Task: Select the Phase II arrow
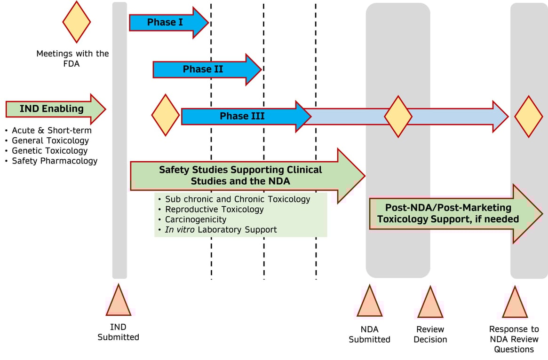(203, 69)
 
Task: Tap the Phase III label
(242, 116)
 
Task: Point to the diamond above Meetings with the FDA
(77, 22)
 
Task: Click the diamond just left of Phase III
(165, 115)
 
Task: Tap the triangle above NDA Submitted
(369, 302)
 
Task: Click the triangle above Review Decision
(430, 303)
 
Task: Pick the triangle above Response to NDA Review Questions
(515, 303)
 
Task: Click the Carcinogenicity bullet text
(196, 219)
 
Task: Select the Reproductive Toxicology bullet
(214, 209)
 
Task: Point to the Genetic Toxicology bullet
(50, 150)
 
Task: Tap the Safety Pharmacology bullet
(55, 161)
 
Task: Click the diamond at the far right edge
(528, 117)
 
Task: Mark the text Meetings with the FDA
(72, 58)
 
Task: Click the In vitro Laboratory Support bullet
(221, 230)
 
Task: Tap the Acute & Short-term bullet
(52, 130)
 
